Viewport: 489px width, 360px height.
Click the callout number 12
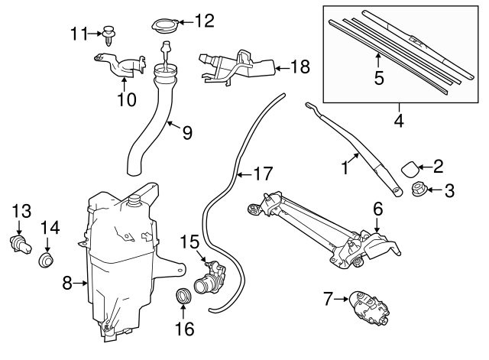(205, 21)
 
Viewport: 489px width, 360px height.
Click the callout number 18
(300, 68)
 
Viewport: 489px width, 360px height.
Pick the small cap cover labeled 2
(411, 167)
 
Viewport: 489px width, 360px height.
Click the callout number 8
(66, 284)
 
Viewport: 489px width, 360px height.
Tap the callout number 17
(262, 174)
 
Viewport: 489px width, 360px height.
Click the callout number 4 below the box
(398, 120)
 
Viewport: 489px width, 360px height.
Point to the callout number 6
(377, 207)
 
